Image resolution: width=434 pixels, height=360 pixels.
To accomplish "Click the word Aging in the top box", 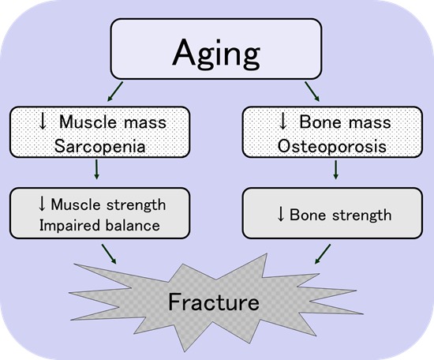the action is (216, 54).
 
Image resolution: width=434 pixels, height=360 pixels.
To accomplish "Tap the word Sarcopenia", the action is (99, 146).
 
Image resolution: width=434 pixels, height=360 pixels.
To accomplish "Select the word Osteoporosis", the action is (332, 146).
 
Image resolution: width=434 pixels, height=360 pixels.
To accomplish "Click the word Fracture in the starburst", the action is (214, 302).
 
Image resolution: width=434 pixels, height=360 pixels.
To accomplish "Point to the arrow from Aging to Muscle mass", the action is (115, 92).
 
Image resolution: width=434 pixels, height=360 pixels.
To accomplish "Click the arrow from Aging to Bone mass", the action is (312, 92).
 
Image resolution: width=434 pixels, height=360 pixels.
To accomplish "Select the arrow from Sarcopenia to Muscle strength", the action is (96, 169).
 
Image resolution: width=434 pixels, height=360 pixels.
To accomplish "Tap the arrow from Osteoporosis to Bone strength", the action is (335, 169).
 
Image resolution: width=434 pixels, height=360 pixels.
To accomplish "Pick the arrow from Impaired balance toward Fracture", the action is (109, 254).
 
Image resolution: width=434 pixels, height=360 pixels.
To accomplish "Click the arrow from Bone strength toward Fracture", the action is (323, 254).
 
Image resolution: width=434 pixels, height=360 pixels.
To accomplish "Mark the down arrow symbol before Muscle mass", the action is (43, 122).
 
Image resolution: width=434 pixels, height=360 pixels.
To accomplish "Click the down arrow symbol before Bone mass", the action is (282, 122).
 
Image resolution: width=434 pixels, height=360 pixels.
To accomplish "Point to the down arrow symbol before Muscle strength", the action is (42, 204).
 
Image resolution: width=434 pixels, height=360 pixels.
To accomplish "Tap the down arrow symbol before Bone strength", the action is (281, 214).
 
